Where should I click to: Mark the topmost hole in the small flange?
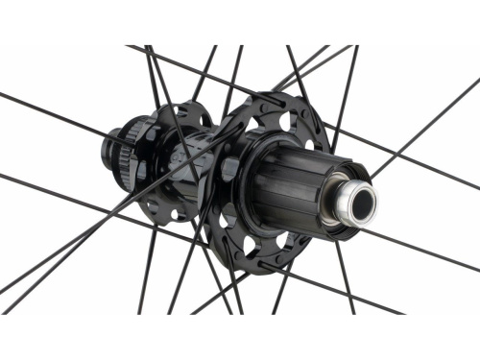(x=177, y=112)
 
